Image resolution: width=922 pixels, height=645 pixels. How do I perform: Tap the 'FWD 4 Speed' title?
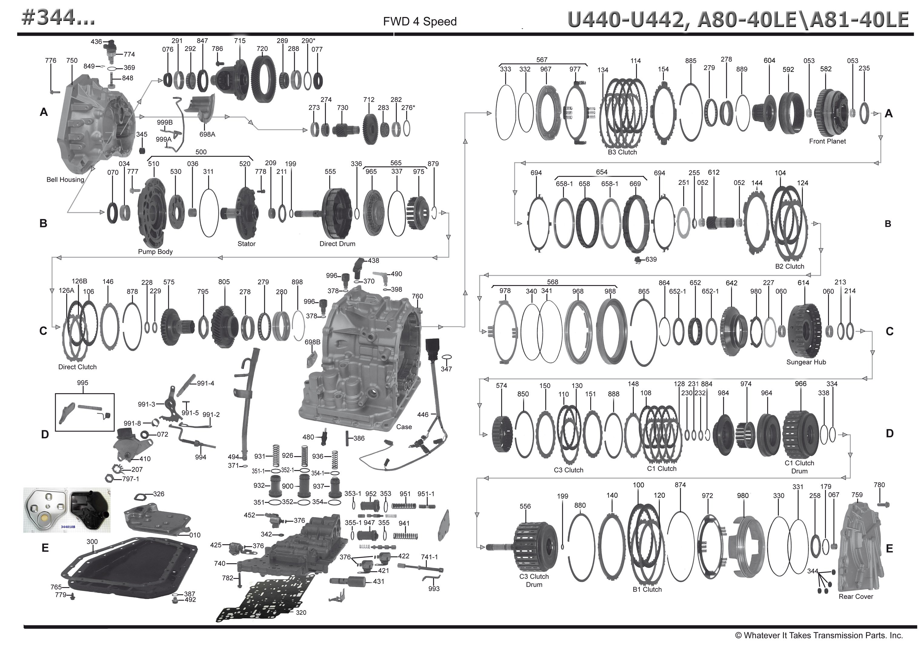[x=420, y=21]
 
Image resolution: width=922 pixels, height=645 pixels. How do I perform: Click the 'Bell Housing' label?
[x=65, y=180]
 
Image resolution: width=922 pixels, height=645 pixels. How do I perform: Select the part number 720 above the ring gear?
[x=262, y=49]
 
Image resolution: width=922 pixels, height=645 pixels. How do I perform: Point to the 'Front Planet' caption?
[x=827, y=141]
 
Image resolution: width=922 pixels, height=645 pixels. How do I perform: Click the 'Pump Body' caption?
[x=155, y=252]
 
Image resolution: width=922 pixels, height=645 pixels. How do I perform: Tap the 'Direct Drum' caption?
[x=337, y=244]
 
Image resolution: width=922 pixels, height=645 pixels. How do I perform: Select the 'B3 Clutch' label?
[x=622, y=152]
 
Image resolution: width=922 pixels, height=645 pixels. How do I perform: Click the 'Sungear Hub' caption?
[x=806, y=362]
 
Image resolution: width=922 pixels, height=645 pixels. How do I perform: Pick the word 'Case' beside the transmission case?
[x=404, y=427]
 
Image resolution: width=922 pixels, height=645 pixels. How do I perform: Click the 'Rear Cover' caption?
[x=855, y=596]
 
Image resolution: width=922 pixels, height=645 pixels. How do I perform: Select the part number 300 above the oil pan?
[x=92, y=541]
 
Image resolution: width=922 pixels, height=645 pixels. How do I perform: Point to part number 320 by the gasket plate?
[x=301, y=613]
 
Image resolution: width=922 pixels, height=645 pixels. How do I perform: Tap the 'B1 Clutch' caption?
[x=647, y=589]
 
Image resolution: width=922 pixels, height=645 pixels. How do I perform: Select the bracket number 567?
[x=541, y=59]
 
